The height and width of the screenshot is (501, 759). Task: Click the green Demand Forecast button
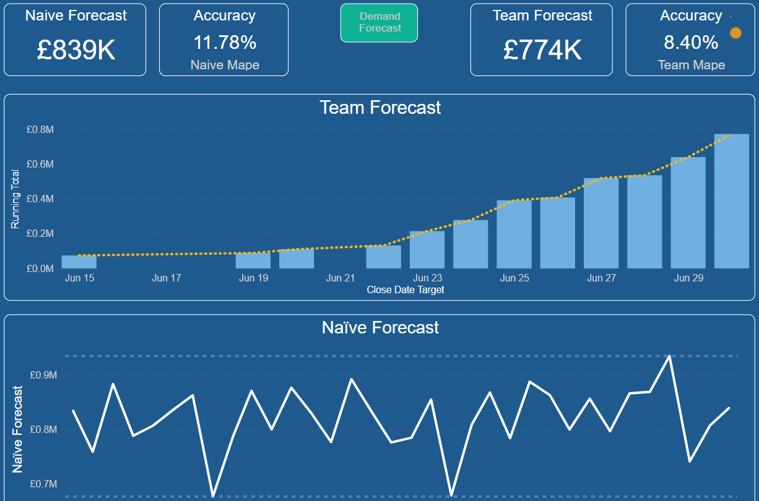[x=379, y=22]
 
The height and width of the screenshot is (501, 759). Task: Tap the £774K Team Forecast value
[x=542, y=49]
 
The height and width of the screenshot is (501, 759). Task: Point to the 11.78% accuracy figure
[x=224, y=43]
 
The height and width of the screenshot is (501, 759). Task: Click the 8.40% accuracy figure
[x=691, y=43]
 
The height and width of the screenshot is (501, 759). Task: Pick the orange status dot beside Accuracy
[x=735, y=33]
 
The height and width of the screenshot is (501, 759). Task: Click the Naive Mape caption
[x=224, y=65]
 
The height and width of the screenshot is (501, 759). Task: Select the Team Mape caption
[x=691, y=65]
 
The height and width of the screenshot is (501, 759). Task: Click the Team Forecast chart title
[x=380, y=108]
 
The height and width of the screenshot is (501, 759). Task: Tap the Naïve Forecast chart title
[x=380, y=327]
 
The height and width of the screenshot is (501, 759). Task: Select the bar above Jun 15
[x=79, y=262]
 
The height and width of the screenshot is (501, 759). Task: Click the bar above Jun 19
[x=253, y=260]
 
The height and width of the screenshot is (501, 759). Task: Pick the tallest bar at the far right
[x=732, y=201]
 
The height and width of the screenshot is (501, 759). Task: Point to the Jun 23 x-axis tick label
[x=428, y=278]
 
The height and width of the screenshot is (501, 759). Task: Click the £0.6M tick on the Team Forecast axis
[x=40, y=165]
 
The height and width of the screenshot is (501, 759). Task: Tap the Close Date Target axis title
[x=406, y=289]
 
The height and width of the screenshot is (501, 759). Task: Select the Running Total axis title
[x=15, y=199]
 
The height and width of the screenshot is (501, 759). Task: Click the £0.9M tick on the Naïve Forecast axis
[x=43, y=375]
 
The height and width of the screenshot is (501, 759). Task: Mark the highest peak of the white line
[x=669, y=356]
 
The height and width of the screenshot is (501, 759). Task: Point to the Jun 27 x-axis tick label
[x=602, y=278]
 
